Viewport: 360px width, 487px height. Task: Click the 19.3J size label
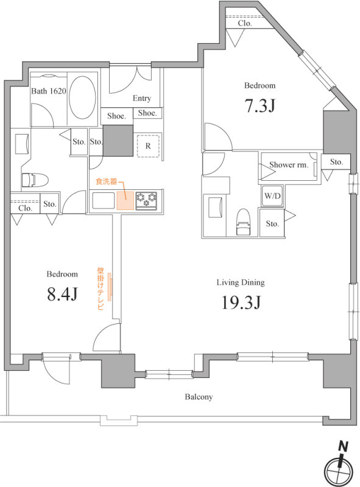point(241,302)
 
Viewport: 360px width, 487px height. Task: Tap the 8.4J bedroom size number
point(62,294)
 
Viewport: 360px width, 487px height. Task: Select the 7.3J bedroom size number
point(260,105)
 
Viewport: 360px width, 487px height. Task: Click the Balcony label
point(199,397)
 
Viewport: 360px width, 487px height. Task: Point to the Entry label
point(142,98)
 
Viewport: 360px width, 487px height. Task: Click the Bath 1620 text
point(49,91)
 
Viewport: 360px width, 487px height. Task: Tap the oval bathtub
point(82,97)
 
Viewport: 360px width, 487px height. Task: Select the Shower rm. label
point(289,165)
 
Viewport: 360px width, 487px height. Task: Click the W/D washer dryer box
point(272,196)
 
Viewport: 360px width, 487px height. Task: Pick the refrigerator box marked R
point(148,145)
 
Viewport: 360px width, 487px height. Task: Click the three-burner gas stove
point(146,201)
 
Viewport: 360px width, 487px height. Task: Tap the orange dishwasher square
point(125,201)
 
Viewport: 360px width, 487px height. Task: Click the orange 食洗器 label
point(107,181)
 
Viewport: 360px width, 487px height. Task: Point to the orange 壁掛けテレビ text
point(101,289)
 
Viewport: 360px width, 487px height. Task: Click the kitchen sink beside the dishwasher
point(104,201)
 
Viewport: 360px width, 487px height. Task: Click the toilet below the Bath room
point(35,180)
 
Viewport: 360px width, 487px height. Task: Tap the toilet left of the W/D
point(243,222)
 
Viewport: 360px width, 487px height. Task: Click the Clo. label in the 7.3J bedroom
point(245,23)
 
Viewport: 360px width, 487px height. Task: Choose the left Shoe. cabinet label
point(116,116)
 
